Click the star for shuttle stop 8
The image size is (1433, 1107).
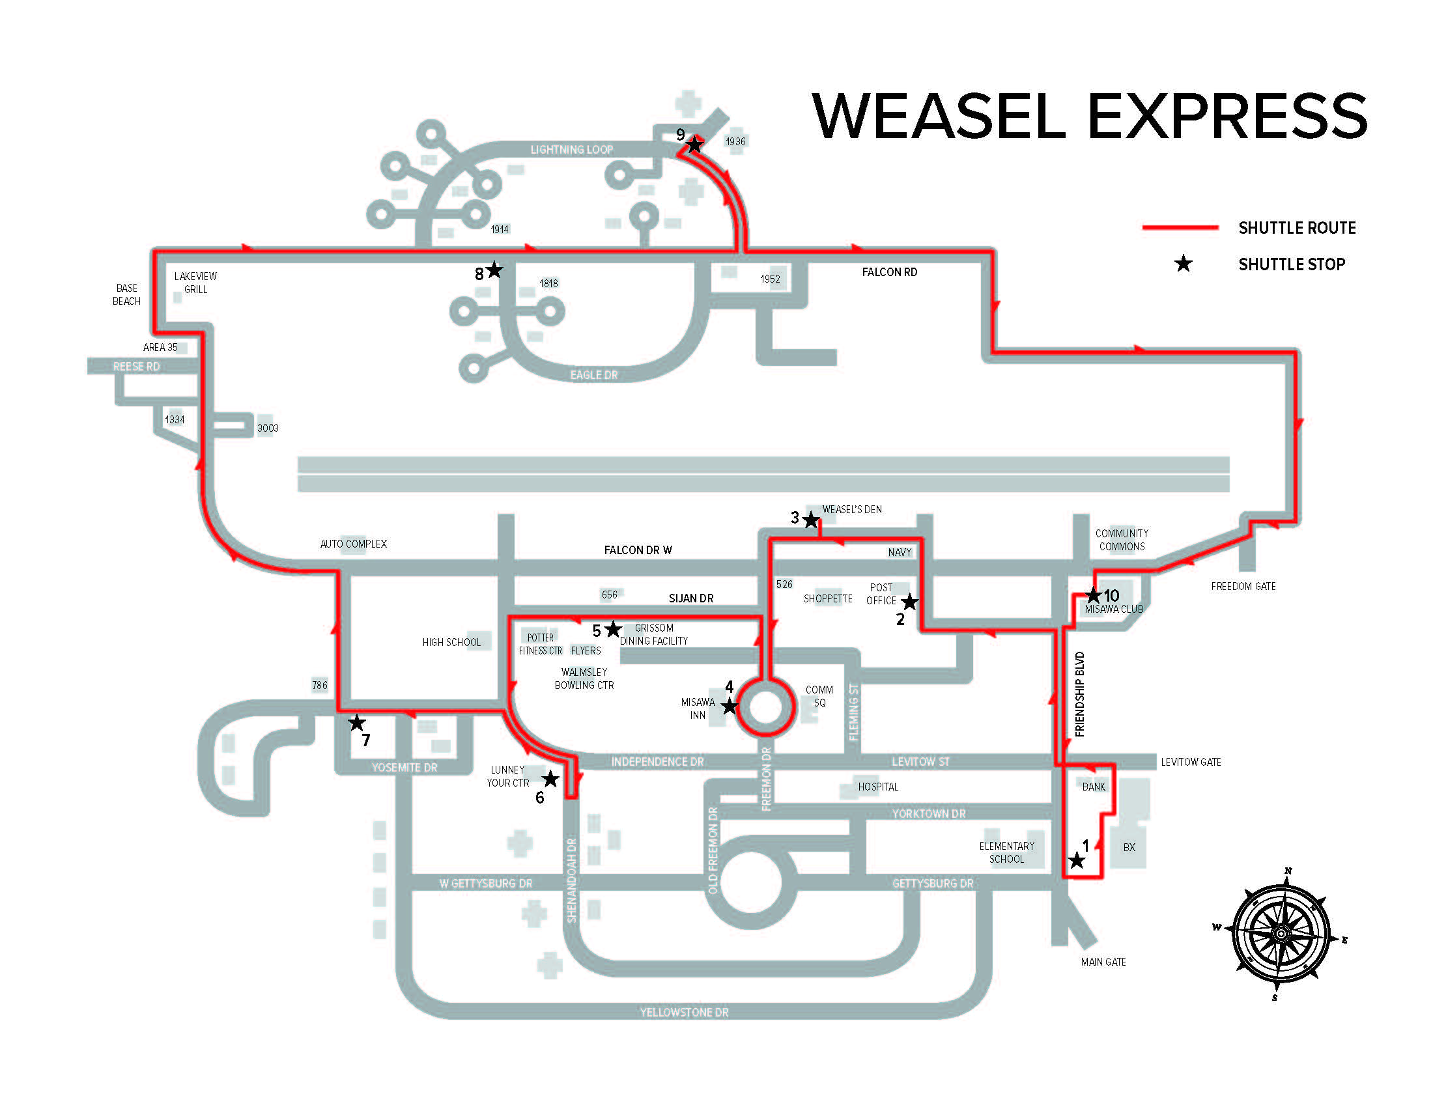[495, 270]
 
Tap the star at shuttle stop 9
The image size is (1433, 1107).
[695, 145]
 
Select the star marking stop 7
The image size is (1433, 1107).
[356, 723]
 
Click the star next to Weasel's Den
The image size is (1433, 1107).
[811, 520]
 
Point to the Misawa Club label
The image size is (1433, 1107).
[1113, 610]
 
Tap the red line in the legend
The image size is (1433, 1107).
[1180, 227]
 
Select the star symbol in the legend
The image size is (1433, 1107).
[1183, 264]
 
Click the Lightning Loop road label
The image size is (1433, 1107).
[571, 150]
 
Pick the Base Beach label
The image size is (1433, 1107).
[126, 294]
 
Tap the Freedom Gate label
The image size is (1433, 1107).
[1243, 586]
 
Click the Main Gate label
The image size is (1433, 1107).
[1103, 962]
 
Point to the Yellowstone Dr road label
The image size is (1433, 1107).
[684, 1013]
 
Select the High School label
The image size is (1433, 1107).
[451, 642]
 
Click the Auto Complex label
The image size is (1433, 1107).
[353, 544]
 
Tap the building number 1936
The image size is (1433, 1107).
[735, 142]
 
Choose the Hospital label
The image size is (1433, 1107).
[877, 787]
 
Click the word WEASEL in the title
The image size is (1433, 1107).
[939, 116]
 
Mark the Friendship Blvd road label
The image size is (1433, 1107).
[1079, 694]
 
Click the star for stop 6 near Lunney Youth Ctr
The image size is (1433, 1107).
[550, 779]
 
